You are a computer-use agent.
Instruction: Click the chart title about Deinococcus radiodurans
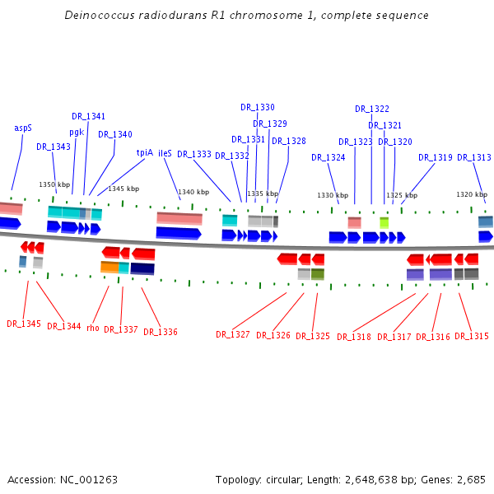click(x=246, y=16)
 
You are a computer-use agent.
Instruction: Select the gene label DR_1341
click(x=88, y=117)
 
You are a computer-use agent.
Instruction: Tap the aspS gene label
click(x=23, y=128)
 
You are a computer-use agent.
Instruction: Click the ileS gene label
click(x=165, y=153)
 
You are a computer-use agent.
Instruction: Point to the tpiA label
click(x=145, y=152)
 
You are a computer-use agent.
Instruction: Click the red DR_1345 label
click(x=24, y=324)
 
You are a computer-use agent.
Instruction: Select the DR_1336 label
click(x=161, y=333)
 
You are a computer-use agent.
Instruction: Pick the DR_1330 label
click(x=258, y=108)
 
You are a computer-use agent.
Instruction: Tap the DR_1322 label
click(x=372, y=110)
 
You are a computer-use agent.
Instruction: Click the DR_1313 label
click(x=474, y=158)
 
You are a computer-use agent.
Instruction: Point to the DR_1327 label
click(x=233, y=335)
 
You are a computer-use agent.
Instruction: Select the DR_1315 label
click(x=472, y=337)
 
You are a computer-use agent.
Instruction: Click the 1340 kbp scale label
click(x=191, y=193)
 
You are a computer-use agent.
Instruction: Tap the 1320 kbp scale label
click(x=469, y=195)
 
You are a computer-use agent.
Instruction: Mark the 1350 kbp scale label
click(x=54, y=185)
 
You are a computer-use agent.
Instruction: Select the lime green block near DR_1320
click(x=384, y=222)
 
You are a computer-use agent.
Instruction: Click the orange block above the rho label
click(x=109, y=268)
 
